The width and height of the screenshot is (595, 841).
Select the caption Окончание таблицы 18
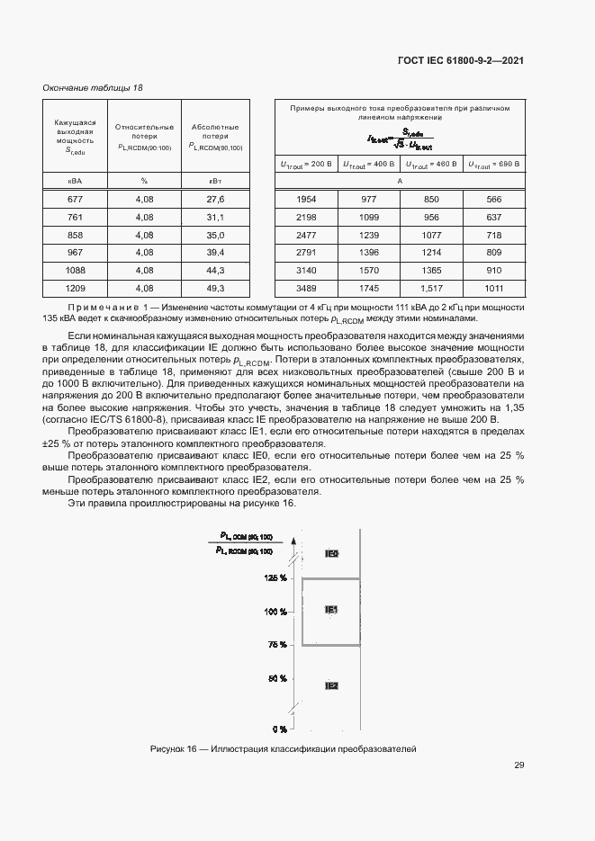tap(93, 87)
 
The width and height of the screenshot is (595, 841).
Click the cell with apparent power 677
tap(75, 199)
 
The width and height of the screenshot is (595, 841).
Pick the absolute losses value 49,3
tap(214, 289)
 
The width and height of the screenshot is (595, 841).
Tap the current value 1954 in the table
tap(306, 199)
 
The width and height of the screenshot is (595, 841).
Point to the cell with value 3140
tap(306, 271)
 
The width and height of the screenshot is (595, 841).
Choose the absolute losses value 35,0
tap(214, 235)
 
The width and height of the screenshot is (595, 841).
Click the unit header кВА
tap(75, 181)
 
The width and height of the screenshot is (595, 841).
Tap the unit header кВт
tap(214, 181)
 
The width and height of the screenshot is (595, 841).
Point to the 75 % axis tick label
tap(276, 645)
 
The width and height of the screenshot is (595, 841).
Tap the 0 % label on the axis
tap(279, 729)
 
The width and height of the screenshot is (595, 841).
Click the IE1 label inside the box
tap(331, 610)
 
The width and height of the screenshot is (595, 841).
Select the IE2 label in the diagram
tap(331, 685)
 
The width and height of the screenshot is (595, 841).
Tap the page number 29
tap(518, 765)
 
